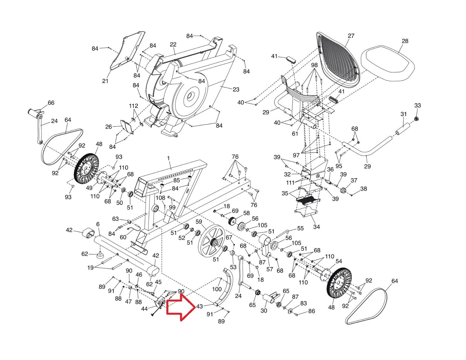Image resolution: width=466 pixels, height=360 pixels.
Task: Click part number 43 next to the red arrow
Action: [x=200, y=306]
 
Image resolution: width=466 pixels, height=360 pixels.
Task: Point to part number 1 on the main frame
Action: [x=168, y=158]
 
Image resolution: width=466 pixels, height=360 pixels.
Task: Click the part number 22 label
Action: [x=173, y=45]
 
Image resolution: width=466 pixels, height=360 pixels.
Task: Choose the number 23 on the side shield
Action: [x=236, y=89]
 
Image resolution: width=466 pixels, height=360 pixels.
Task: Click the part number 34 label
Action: [x=316, y=226]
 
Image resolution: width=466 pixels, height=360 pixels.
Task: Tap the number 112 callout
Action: [x=134, y=106]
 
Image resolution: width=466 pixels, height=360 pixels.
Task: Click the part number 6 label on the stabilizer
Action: [x=98, y=224]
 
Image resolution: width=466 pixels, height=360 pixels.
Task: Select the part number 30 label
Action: [x=264, y=311]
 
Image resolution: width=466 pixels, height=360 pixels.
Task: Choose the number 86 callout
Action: [x=311, y=311]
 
